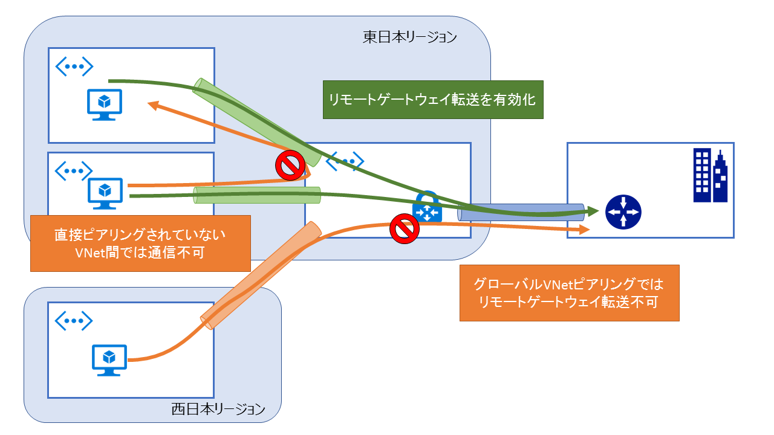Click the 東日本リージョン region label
point(409,37)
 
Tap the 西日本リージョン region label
point(218,409)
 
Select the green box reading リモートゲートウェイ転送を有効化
point(433,100)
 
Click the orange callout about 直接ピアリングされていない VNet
point(140,243)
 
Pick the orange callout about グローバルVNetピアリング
point(569,292)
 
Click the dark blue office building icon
point(711,176)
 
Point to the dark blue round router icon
point(623,213)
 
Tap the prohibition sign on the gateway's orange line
point(404,228)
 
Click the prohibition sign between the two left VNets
point(290,166)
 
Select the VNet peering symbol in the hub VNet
point(345,161)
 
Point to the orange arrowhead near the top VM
point(155,106)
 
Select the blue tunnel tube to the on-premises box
point(521,212)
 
